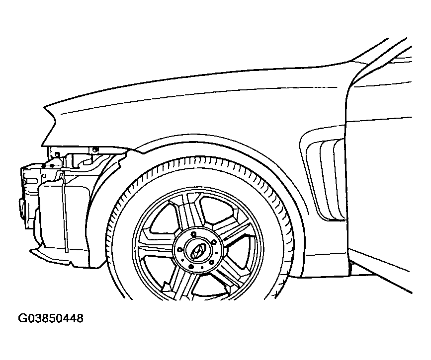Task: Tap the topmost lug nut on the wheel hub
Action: (x=193, y=234)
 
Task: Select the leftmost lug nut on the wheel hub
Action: (x=180, y=250)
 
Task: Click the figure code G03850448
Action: (x=51, y=318)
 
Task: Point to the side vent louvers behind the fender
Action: (x=325, y=178)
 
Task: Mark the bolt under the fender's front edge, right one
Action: (x=95, y=149)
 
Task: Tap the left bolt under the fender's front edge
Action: (x=58, y=154)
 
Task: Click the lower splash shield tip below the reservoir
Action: (x=32, y=250)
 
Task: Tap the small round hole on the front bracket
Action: (x=43, y=175)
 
